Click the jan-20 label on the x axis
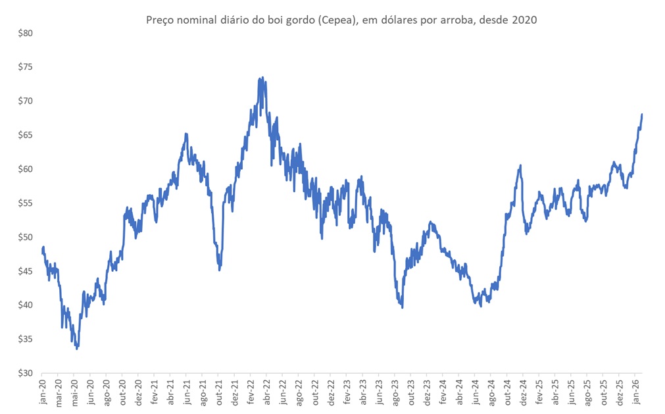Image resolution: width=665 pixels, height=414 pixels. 42,390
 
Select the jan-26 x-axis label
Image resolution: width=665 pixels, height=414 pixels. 637,390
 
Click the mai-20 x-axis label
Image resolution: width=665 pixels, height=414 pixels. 74,390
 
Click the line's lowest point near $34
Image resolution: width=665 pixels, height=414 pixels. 77,348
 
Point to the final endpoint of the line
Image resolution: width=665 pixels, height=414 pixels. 642,115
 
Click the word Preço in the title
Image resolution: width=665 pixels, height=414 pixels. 159,20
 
